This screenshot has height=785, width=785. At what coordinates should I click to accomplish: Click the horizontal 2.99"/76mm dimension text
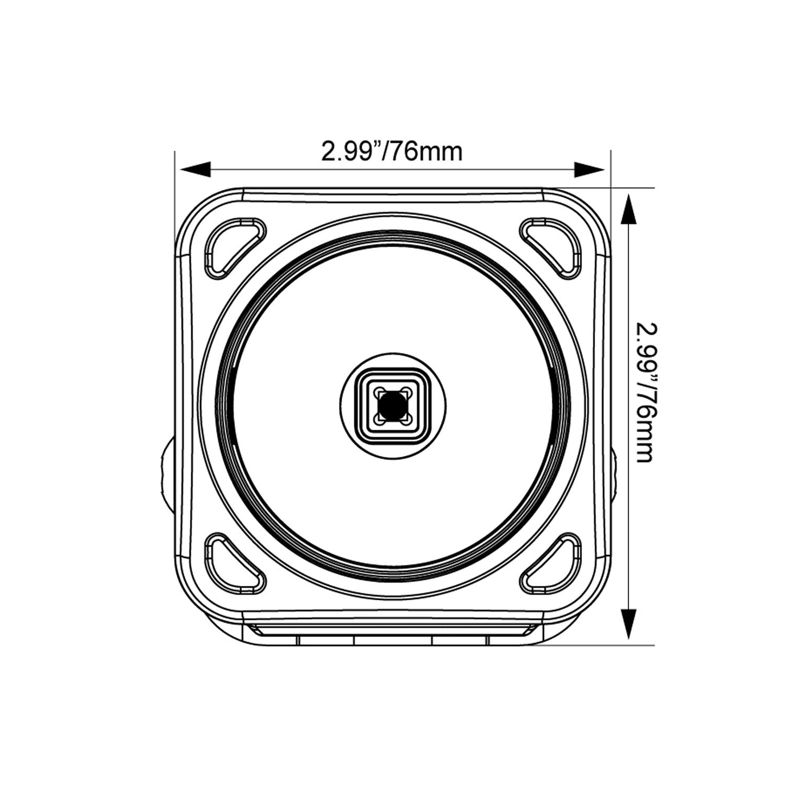(392, 151)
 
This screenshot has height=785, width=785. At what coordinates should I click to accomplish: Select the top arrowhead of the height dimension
(629, 210)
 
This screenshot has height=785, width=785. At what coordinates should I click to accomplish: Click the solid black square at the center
(392, 406)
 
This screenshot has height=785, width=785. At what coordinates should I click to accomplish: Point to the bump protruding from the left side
(168, 472)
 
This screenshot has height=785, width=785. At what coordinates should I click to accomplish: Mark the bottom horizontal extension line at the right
(598, 645)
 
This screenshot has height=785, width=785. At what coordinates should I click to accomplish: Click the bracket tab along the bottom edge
(392, 636)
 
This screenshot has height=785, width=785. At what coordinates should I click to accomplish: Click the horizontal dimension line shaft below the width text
(392, 170)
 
